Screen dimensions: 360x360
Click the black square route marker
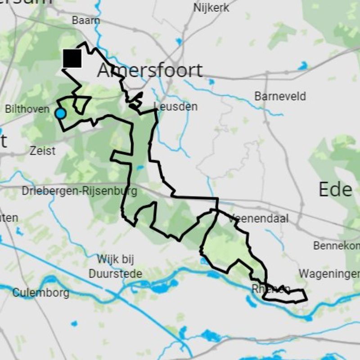coord(72,58)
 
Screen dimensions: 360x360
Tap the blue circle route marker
coord(60,113)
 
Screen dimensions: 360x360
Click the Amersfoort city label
coord(150,71)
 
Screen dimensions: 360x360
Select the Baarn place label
coord(86,21)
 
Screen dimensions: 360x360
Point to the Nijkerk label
coord(211,8)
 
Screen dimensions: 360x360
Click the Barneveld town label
coord(280,96)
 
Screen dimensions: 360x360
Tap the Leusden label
coord(175,107)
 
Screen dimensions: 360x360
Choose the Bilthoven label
coord(27,109)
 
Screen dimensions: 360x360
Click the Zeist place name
coord(42,150)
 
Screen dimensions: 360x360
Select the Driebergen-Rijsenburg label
coord(80,191)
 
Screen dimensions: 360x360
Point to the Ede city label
coord(335,189)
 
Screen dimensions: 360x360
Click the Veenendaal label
coord(259,219)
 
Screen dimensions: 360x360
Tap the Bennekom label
coord(336,246)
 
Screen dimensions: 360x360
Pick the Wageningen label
coord(329,274)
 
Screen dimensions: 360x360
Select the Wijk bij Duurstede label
coord(115,266)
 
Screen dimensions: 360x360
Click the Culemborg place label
coord(40,293)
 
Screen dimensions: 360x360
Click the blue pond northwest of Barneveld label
coord(211,82)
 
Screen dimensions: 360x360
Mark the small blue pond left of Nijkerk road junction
coord(180,41)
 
